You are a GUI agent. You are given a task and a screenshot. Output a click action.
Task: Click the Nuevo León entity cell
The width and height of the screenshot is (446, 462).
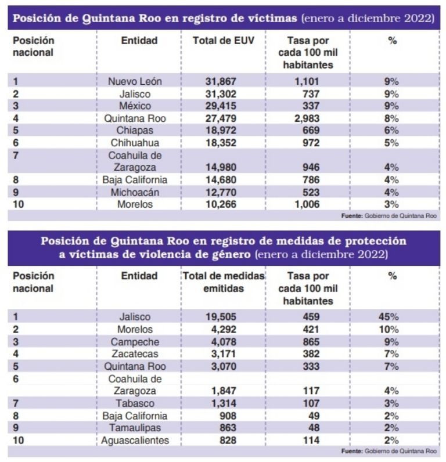(135, 81)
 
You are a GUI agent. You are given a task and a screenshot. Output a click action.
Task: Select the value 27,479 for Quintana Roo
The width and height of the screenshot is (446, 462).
(221, 118)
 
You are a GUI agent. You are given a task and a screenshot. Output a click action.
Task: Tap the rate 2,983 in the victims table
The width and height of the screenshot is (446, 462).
(307, 118)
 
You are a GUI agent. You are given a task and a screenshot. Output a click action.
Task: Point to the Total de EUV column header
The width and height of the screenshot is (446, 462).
(224, 41)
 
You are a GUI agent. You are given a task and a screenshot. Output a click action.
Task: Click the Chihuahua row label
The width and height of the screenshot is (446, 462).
(135, 143)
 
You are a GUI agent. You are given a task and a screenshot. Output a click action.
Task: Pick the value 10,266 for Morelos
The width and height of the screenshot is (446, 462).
(221, 204)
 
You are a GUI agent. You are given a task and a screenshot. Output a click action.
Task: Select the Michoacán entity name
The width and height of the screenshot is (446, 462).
(135, 192)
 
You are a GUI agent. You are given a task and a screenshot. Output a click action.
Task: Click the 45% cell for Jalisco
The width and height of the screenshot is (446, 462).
(389, 317)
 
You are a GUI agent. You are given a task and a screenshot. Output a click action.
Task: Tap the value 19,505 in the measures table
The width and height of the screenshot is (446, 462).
(221, 317)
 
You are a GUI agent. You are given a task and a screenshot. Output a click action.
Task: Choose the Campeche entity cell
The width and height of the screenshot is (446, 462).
(135, 342)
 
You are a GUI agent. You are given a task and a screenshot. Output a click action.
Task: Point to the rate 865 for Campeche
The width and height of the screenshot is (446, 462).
(311, 342)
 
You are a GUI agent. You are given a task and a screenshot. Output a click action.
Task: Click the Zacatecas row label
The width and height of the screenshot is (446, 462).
(135, 353)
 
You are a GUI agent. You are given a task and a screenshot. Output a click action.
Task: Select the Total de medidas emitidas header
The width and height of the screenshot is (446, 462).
(224, 282)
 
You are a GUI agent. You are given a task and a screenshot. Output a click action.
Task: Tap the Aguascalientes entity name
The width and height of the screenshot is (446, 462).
(135, 441)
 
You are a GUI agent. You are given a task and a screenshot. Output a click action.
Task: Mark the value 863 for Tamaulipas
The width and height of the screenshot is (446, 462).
(228, 428)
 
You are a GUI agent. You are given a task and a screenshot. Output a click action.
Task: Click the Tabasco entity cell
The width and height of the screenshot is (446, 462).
(135, 403)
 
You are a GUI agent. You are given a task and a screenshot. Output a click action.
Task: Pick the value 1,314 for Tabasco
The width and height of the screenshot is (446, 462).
(224, 403)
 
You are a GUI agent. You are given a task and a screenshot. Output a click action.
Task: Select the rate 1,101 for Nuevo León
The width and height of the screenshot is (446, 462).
(307, 81)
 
